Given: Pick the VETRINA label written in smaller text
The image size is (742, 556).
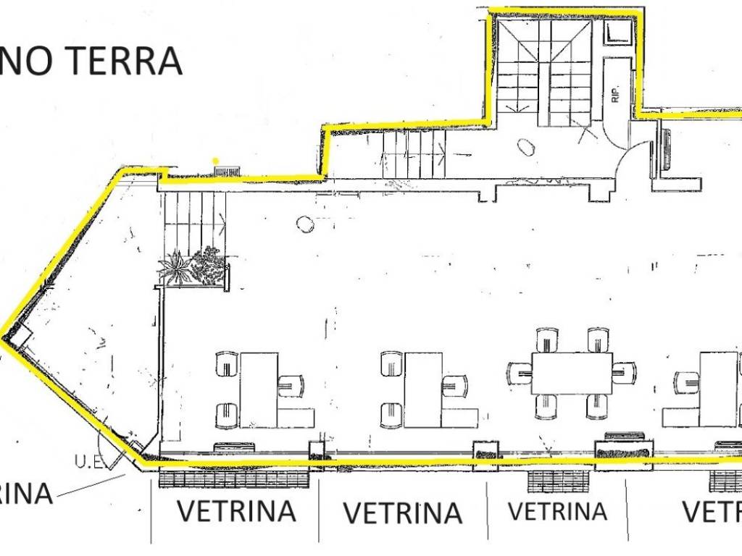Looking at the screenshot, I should click(x=557, y=511).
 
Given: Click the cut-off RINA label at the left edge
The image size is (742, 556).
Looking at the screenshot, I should click(x=25, y=494).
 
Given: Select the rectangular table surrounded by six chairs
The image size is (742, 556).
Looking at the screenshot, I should click(x=572, y=373).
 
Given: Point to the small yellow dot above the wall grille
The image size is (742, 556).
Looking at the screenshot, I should click(x=215, y=160).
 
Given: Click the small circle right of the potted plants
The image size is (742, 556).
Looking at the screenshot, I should click(x=305, y=224).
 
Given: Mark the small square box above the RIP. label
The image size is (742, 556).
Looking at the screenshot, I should click(x=618, y=31).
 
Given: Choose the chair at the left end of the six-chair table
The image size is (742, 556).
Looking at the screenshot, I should click(x=520, y=373).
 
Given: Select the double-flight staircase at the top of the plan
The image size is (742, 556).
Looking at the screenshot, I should click(x=545, y=72).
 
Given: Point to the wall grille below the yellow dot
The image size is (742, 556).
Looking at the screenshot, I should click(x=227, y=171).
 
